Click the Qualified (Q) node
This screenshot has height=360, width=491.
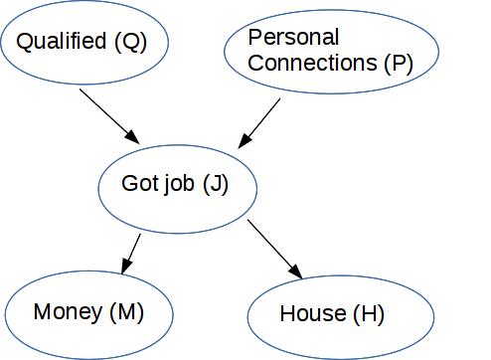coord(85,43)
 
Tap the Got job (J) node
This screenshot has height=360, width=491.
coord(178,185)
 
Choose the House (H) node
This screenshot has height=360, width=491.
coord(340,315)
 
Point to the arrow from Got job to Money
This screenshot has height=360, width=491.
coord(130,253)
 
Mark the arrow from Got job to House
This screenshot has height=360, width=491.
coord(274,249)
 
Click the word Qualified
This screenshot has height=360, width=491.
coord(62,42)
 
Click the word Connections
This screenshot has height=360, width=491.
coord(312,63)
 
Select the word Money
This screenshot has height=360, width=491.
coord(68,312)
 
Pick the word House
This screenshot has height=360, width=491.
coord(312,315)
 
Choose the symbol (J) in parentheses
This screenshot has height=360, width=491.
coord(216,185)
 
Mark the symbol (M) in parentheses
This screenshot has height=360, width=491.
coord(125,312)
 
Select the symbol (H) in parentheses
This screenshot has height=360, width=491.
coord(367,315)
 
